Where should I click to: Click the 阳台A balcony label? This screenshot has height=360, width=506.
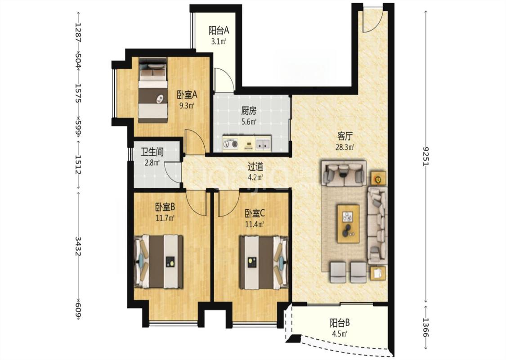[219, 31]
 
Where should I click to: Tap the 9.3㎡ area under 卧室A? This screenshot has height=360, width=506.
[187, 105]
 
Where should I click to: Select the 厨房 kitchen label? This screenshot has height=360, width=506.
[249, 111]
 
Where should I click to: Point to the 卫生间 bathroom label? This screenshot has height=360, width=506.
[152, 152]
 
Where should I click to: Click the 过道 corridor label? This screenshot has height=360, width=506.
[255, 166]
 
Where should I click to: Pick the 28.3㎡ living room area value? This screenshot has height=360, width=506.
[345, 147]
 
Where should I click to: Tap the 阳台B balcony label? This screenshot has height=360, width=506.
[340, 323]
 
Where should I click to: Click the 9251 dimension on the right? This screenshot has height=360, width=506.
[425, 156]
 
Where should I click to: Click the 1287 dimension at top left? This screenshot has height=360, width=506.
[78, 33]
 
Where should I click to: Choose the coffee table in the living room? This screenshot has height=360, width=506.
[348, 224]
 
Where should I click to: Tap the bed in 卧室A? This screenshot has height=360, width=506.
[153, 90]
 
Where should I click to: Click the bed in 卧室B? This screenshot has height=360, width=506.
[158, 262]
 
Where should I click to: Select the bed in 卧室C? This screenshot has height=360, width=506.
[264, 262]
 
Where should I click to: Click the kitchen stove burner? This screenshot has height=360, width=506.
[230, 143]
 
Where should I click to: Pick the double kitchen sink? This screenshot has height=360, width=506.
[263, 143]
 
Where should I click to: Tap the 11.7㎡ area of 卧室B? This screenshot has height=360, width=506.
[165, 218]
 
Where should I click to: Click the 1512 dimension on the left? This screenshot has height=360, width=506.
[78, 165]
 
